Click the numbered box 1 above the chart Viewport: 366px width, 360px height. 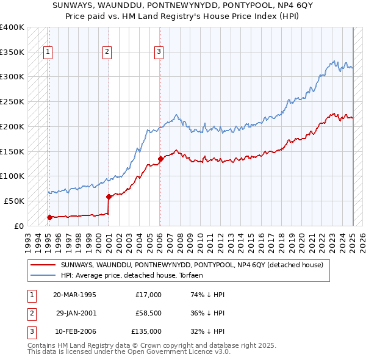coord(48,52)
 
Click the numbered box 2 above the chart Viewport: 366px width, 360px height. coord(107,52)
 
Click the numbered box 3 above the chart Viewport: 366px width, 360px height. coord(159,52)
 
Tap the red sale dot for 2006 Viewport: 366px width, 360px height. coord(160,159)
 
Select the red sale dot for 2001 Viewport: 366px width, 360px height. coord(109,196)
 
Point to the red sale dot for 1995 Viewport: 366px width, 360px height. coord(49,217)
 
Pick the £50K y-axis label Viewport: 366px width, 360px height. coord(14,201)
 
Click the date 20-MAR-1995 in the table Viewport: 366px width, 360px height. coord(75,295)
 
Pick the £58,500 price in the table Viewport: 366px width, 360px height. coord(148,313)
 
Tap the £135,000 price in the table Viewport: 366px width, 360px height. coord(146,331)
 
